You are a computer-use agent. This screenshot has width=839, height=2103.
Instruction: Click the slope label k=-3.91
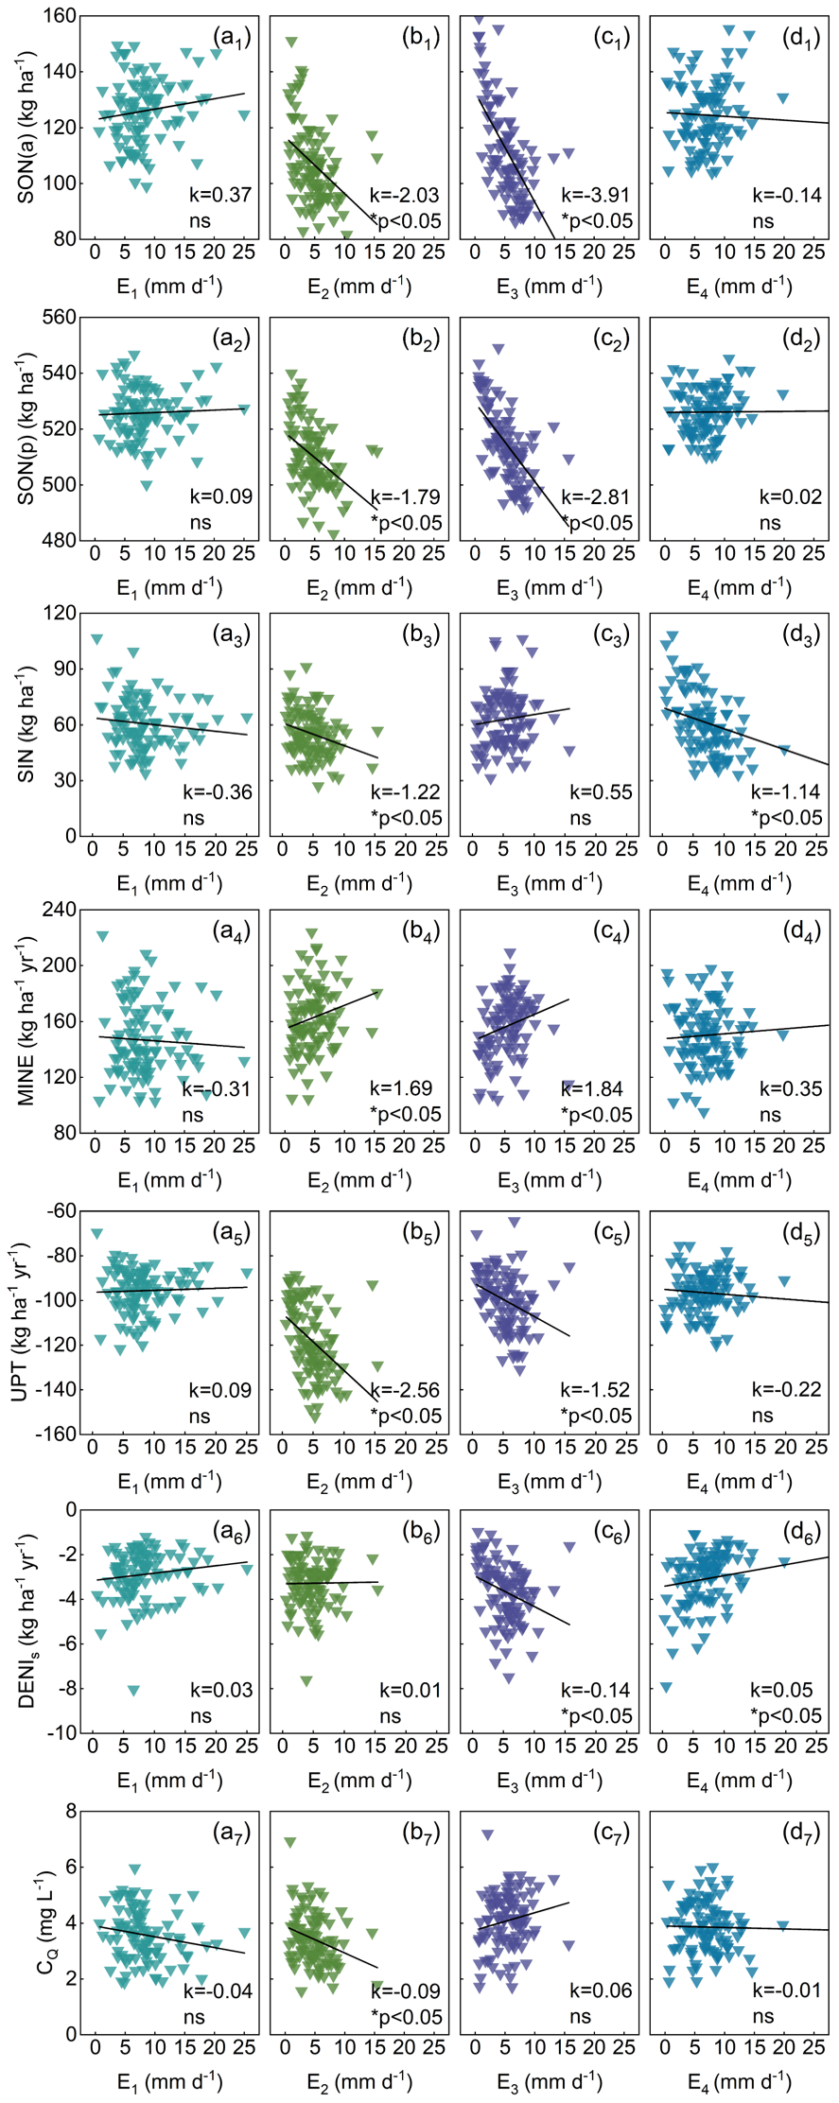(595, 196)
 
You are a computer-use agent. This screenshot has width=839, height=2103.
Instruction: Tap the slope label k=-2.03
(404, 196)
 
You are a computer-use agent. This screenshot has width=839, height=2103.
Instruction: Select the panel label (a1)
(232, 37)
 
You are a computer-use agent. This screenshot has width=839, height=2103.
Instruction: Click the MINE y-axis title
(27, 1020)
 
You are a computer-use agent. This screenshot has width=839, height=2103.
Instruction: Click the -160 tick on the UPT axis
(57, 1434)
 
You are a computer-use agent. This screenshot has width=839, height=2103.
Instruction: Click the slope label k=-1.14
(785, 792)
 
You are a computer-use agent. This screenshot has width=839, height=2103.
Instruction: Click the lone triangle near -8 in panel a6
(133, 1690)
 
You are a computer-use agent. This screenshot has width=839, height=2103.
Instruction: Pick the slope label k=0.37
(220, 196)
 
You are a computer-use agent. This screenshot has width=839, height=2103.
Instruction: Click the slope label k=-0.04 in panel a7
(218, 1990)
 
